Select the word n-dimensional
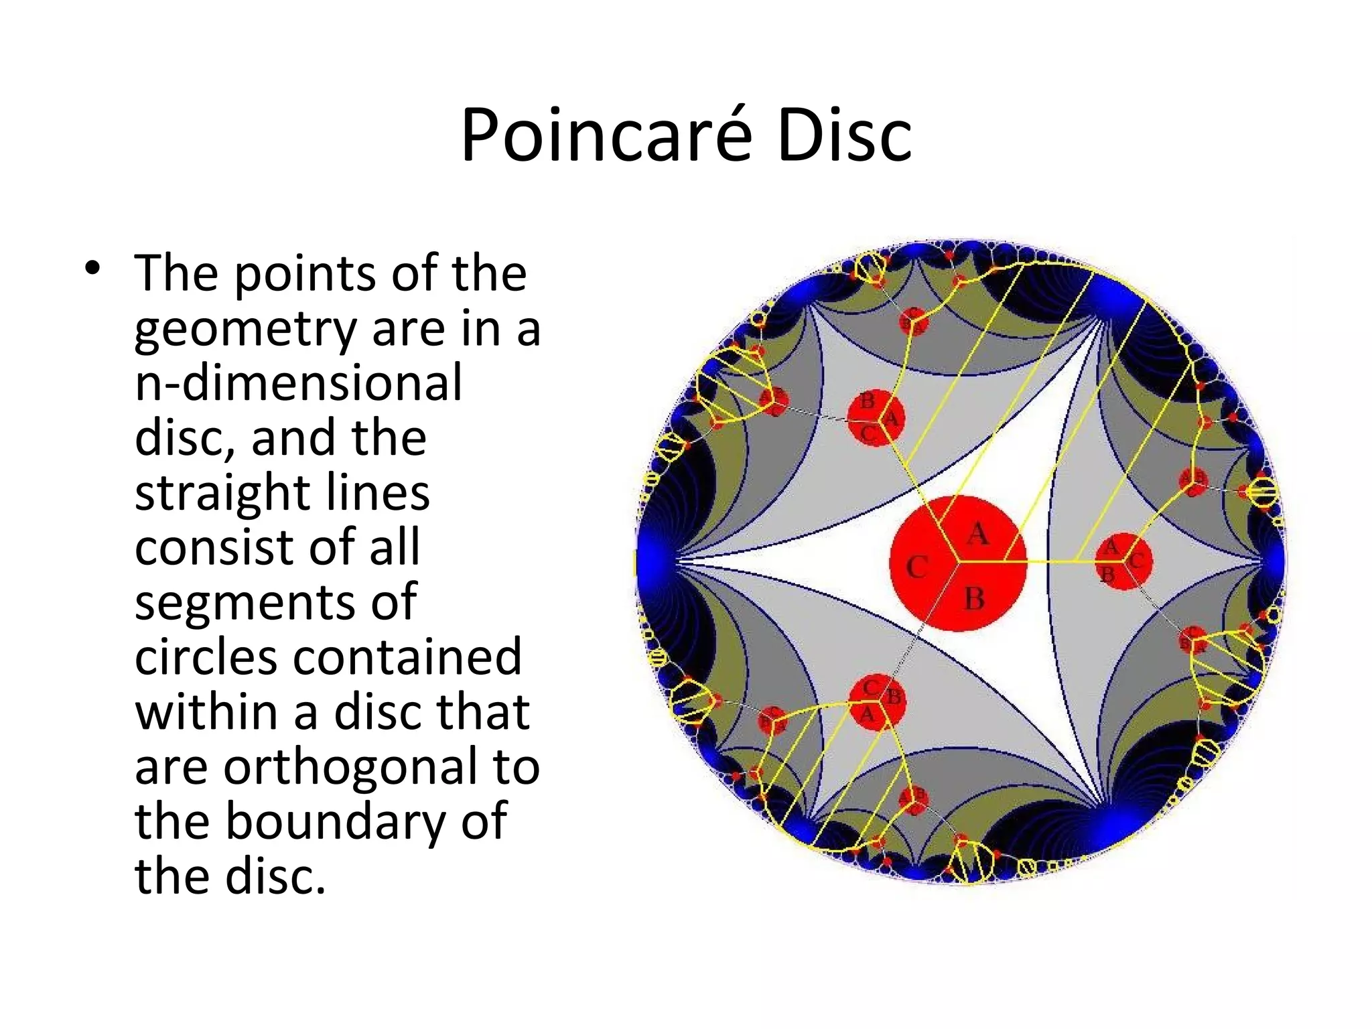[x=298, y=383]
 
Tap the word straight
[x=221, y=494]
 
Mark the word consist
[x=216, y=547]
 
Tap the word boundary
[x=334, y=823]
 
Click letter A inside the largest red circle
[x=978, y=534]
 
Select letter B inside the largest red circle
[x=975, y=598]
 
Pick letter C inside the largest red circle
[x=917, y=567]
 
